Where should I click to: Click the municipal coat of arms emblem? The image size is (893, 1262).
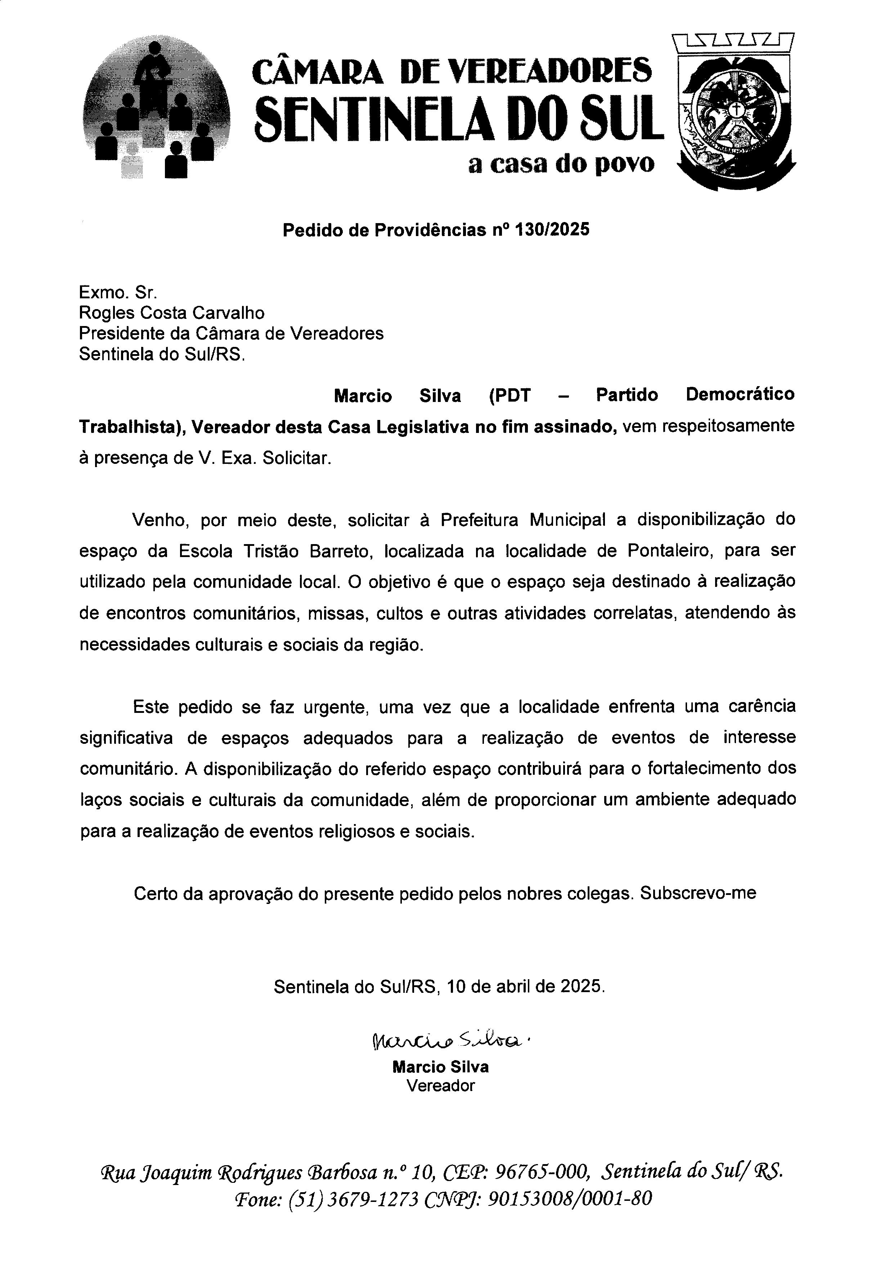click(734, 113)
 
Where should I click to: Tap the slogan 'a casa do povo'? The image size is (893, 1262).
click(561, 163)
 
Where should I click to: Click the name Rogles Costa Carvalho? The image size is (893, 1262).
click(171, 313)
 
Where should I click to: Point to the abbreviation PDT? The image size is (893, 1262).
click(510, 395)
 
